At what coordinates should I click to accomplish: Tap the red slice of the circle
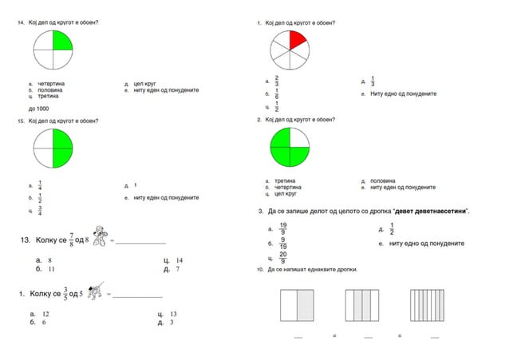click(x=296, y=39)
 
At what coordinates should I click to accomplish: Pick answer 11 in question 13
click(x=50, y=270)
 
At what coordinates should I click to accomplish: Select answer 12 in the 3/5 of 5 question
click(x=46, y=315)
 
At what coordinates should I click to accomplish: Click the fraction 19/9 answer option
click(x=283, y=229)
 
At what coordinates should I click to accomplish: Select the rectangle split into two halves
click(x=298, y=305)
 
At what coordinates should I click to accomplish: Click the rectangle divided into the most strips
click(x=428, y=305)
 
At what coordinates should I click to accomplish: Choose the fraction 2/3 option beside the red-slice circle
click(x=276, y=81)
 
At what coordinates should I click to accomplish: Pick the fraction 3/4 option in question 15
click(x=41, y=210)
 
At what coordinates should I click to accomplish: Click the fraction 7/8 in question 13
click(x=71, y=237)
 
